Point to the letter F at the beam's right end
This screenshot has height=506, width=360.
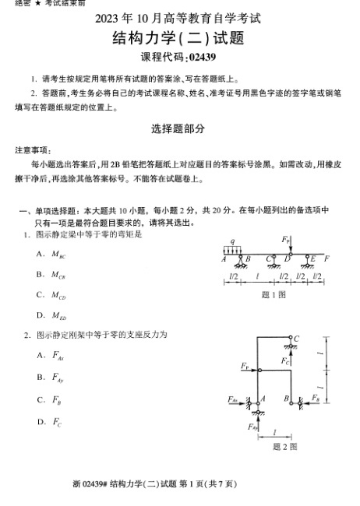(x=326, y=258)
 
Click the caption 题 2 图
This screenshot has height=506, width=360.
(x=284, y=447)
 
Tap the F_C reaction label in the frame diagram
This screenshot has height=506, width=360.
(x=286, y=361)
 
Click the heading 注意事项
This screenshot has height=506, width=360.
(x=32, y=149)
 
